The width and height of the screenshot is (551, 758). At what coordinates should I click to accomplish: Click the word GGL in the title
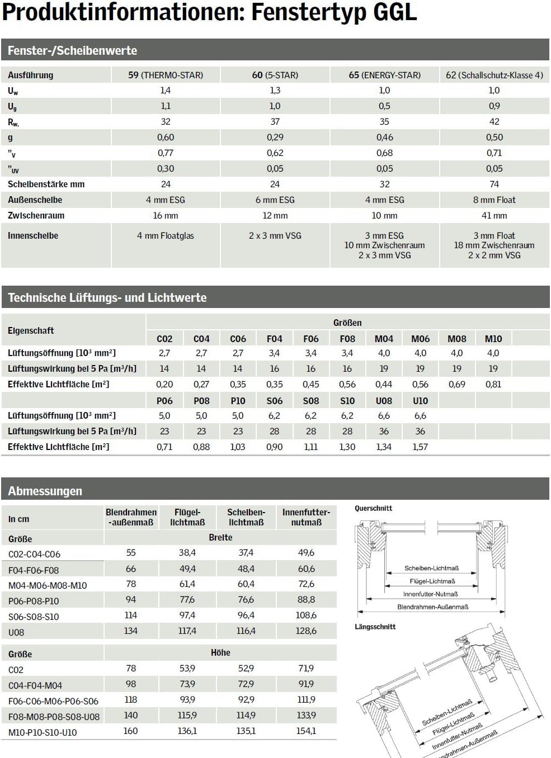pyautogui.click(x=390, y=12)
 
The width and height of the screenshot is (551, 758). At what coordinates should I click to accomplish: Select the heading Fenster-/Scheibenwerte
pyautogui.click(x=72, y=50)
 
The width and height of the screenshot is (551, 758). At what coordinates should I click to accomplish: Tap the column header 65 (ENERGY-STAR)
pyautogui.click(x=384, y=75)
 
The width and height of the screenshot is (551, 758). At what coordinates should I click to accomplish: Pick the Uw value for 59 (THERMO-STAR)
pyautogui.click(x=166, y=91)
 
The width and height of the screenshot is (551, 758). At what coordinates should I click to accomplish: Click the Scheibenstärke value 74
pyautogui.click(x=494, y=184)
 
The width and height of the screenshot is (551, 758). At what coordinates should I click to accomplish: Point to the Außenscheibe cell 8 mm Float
pyautogui.click(x=494, y=200)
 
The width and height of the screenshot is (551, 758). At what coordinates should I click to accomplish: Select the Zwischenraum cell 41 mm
pyautogui.click(x=494, y=215)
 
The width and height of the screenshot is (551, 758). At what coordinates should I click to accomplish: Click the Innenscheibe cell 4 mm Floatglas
pyautogui.click(x=166, y=236)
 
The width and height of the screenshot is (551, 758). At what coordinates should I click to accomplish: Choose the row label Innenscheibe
pyautogui.click(x=33, y=236)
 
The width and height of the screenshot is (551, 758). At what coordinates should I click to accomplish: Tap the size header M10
pyautogui.click(x=493, y=339)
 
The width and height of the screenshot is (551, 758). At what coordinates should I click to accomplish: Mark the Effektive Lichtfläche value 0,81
pyautogui.click(x=493, y=385)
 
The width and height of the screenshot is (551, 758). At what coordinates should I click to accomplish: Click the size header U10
pyautogui.click(x=420, y=401)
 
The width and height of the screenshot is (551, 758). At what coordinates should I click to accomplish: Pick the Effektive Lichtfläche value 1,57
pyautogui.click(x=420, y=447)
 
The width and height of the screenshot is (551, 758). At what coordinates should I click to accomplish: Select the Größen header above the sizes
pyautogui.click(x=347, y=323)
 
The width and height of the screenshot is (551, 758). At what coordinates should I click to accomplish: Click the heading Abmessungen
pyautogui.click(x=45, y=491)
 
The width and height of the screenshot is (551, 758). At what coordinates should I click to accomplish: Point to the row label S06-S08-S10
pyautogui.click(x=34, y=617)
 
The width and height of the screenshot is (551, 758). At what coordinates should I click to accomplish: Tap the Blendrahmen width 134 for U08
pyautogui.click(x=131, y=631)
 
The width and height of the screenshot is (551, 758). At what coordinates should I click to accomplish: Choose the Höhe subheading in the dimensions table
pyautogui.click(x=220, y=652)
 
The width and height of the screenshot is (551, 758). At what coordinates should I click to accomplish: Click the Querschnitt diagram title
pyautogui.click(x=373, y=508)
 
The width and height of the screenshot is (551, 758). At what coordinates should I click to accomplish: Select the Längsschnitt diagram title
pyautogui.click(x=375, y=627)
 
